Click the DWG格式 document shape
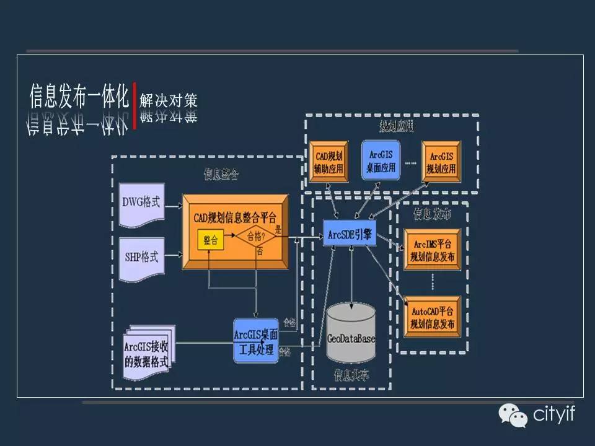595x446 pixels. [x=141, y=203]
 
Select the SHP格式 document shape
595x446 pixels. [x=141, y=255]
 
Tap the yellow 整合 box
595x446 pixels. [x=211, y=240]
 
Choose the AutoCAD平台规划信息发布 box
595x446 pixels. [x=432, y=317]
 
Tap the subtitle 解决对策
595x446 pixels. [x=168, y=99]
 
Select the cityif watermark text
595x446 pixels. [x=554, y=414]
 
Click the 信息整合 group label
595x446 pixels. [x=221, y=175]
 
